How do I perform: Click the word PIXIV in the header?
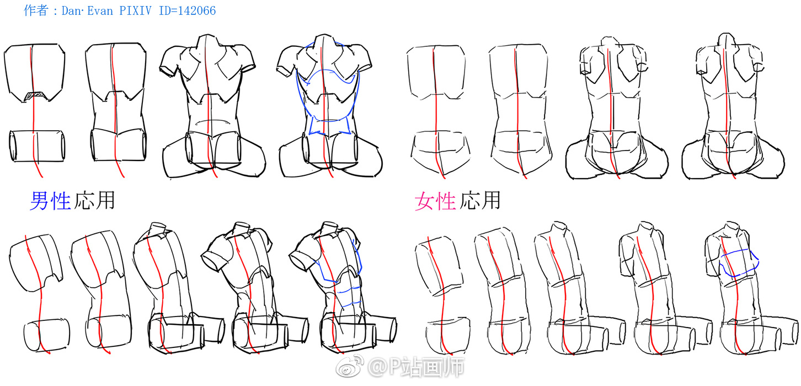(135, 10)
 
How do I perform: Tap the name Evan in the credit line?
(100, 10)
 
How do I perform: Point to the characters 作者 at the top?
(36, 10)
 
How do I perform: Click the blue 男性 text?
(50, 201)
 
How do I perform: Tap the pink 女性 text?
(435, 201)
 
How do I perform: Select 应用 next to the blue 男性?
(94, 200)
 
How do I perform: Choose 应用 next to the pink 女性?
(479, 200)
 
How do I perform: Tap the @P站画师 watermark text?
(416, 367)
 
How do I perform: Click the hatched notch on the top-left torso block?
(35, 95)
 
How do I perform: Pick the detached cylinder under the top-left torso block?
(37, 146)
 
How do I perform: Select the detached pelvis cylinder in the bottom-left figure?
(46, 335)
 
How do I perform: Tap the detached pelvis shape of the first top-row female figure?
(440, 150)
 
